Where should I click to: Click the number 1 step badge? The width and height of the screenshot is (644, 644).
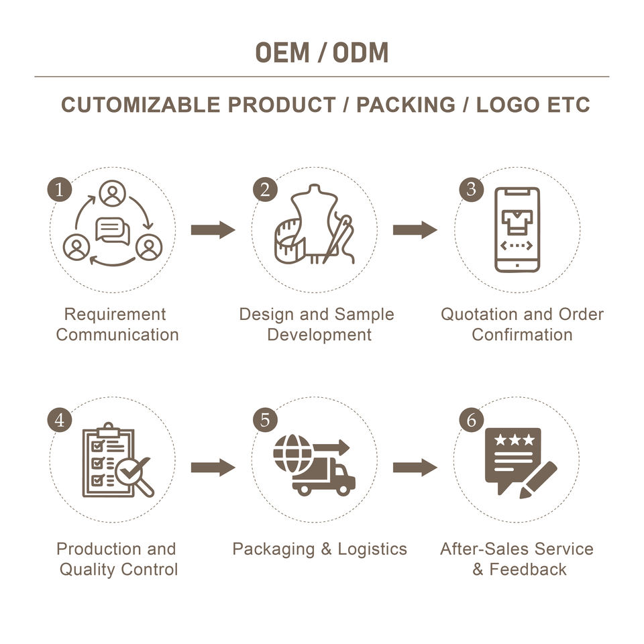[60, 190]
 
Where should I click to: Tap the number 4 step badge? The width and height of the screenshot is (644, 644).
[60, 421]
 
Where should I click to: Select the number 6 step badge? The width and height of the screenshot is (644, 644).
[472, 421]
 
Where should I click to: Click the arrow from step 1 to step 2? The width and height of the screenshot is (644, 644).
[213, 230]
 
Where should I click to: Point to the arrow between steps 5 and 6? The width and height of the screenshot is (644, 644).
[415, 468]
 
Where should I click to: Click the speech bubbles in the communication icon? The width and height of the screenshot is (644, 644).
[113, 231]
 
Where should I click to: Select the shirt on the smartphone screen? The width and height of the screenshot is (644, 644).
[517, 219]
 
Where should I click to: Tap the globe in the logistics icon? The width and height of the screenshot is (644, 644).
[292, 453]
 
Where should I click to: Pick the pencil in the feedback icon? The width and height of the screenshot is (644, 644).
[539, 480]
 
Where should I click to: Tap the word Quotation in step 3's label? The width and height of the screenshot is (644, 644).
[474, 315]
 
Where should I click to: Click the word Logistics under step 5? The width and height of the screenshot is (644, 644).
[372, 549]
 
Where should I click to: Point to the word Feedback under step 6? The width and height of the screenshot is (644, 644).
[528, 570]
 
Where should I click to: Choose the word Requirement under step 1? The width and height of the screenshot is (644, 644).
[115, 315]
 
